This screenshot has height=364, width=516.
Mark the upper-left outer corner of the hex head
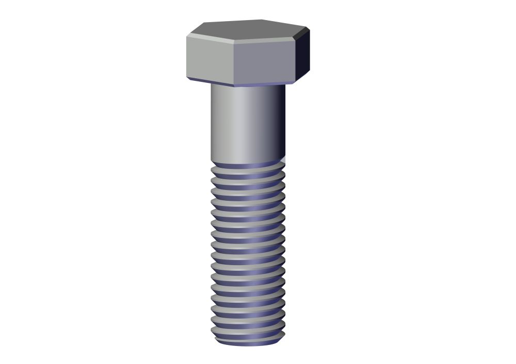pyautogui.click(x=187, y=36)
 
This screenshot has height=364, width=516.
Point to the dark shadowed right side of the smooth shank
pyautogui.click(x=279, y=124)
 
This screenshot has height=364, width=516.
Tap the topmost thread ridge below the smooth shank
pyautogui.click(x=248, y=170)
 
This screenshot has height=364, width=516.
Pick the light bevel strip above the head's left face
pyautogui.click(x=209, y=39)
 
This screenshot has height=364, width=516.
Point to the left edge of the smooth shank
pyautogui.click(x=212, y=124)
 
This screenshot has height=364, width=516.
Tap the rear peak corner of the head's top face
pyautogui.click(x=261, y=21)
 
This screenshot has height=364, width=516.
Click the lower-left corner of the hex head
pyautogui.click(x=187, y=77)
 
